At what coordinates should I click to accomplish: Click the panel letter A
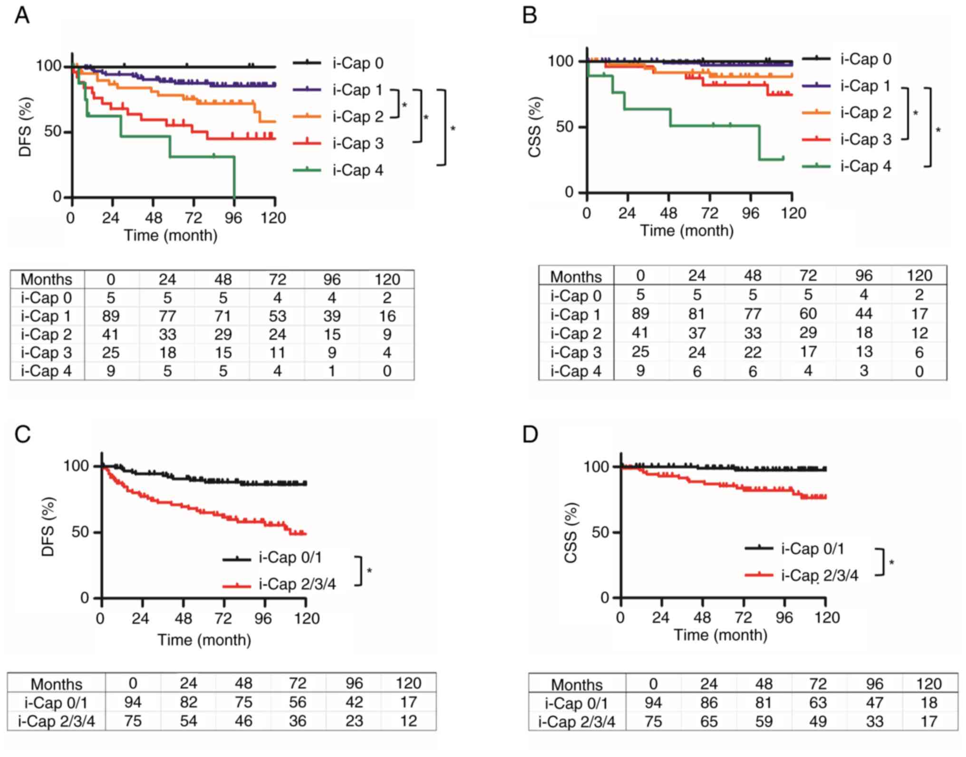click(22, 16)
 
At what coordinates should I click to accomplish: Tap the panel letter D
click(530, 434)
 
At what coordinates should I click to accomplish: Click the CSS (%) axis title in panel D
click(570, 533)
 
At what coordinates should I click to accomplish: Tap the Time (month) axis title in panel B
click(686, 231)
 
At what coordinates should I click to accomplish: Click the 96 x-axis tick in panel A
click(233, 218)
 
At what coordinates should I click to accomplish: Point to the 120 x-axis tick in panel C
click(307, 618)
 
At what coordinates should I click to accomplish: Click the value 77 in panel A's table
click(167, 316)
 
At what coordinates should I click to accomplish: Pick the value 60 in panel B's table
click(808, 314)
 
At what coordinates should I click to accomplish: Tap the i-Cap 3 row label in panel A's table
click(46, 353)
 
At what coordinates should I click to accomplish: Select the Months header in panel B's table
click(576, 276)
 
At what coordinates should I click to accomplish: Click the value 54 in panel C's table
click(188, 721)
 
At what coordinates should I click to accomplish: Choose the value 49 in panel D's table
click(818, 722)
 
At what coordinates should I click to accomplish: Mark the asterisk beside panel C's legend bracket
click(369, 570)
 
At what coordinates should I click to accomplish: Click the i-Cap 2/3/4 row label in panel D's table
click(577, 722)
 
